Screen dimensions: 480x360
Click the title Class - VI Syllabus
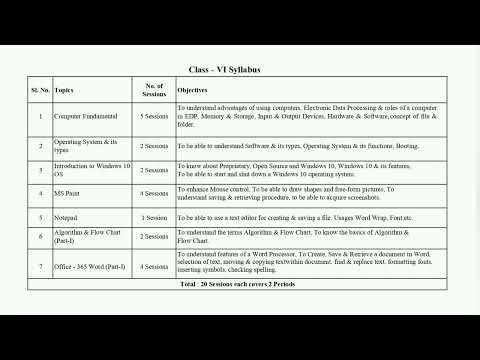(x=239, y=70)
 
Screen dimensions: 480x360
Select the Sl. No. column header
(x=40, y=90)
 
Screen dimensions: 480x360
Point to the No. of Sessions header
(x=154, y=90)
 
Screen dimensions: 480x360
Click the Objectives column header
(x=193, y=90)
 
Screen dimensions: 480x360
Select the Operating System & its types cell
(x=80, y=144)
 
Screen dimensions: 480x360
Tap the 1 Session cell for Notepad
(x=154, y=216)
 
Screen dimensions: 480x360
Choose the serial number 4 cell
(x=40, y=192)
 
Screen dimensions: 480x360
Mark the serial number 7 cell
(x=40, y=265)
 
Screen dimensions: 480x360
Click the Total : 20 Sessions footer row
(x=239, y=286)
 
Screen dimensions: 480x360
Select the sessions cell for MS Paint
(x=154, y=192)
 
